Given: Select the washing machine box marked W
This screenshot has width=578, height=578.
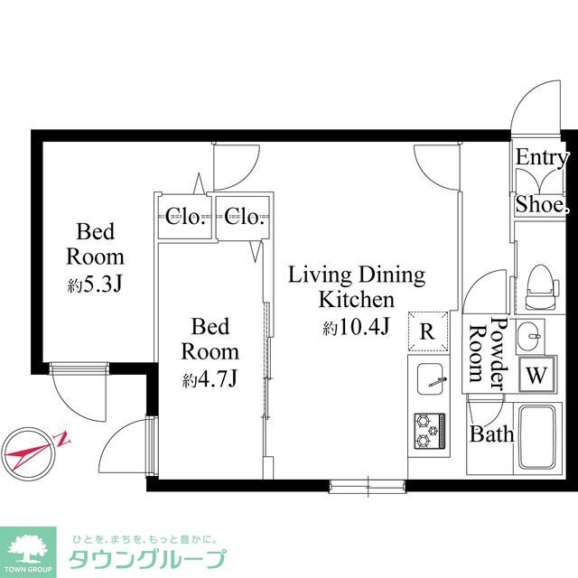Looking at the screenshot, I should tap(536, 373).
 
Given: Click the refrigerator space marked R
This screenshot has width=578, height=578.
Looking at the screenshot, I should tap(428, 331).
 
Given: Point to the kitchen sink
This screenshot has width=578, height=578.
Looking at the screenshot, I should tap(430, 381).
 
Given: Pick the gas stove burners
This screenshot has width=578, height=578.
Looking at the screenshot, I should tap(428, 432).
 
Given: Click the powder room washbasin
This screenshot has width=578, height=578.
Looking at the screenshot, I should tap(530, 338).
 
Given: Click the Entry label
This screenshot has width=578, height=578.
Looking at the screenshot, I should tap(542, 157).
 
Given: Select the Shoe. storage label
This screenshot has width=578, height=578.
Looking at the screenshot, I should tap(542, 206).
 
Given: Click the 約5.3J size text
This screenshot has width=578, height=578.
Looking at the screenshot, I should tap(95, 285).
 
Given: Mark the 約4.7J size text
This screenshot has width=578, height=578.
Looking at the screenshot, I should tap(210, 380).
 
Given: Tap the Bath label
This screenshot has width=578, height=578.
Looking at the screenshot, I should tap(491, 434).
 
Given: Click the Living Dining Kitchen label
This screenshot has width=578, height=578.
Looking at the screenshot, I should tap(356, 287).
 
